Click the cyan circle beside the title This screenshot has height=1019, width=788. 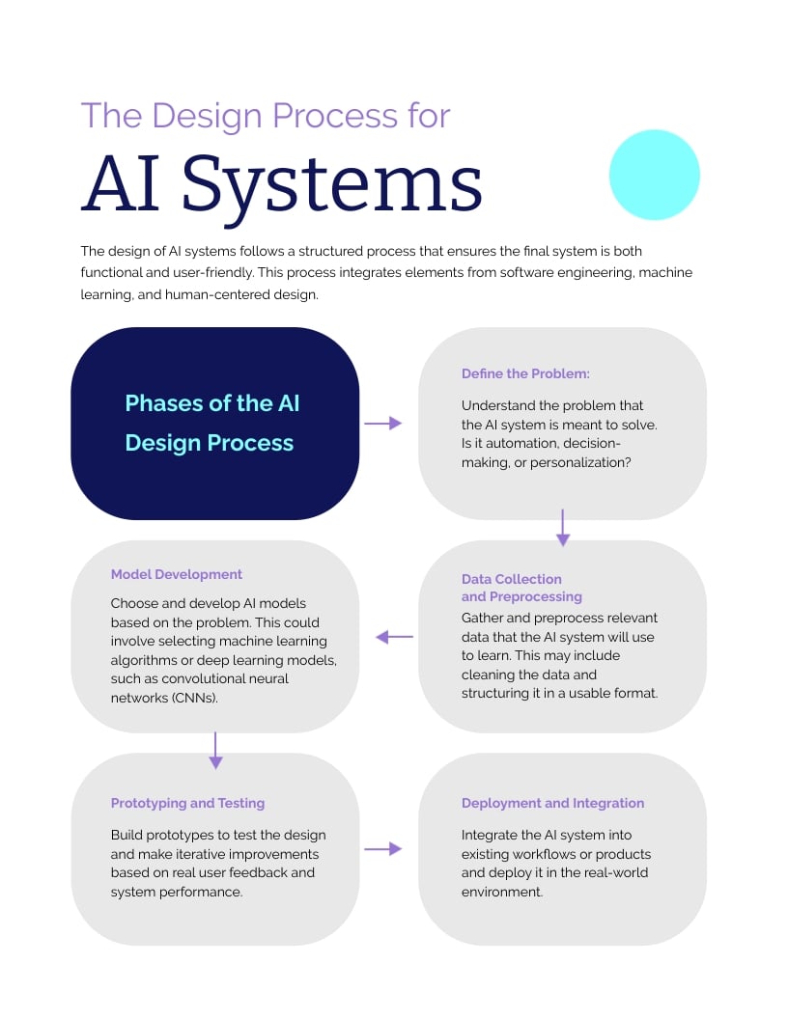click(654, 175)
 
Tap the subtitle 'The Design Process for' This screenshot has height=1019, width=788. click(266, 115)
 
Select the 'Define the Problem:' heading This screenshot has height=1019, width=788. click(525, 373)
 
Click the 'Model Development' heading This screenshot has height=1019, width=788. click(177, 574)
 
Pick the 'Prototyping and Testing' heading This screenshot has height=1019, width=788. click(187, 803)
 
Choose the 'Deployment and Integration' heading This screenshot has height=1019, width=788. click(552, 803)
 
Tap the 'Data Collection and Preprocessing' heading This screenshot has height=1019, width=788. click(521, 588)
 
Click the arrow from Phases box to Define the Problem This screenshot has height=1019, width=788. click(382, 423)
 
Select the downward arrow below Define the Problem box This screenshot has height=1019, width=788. click(563, 528)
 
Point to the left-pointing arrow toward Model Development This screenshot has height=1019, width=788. click(394, 637)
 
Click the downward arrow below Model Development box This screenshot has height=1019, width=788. click(215, 750)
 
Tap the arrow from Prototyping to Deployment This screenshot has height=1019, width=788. click(382, 848)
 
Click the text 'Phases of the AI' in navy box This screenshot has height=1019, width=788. click(212, 402)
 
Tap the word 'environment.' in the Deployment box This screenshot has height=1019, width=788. click(502, 892)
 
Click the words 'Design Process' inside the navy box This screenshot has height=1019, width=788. click(210, 443)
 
